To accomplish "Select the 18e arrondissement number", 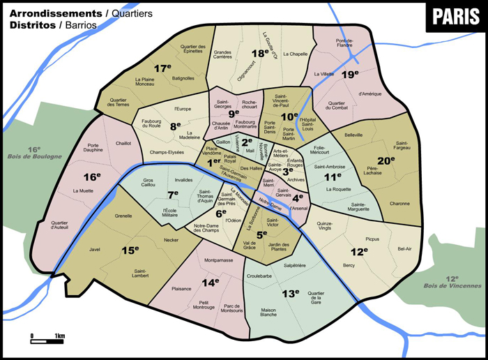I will click(261, 52).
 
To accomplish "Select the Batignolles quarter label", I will click(183, 78).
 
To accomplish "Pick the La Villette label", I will click(326, 74).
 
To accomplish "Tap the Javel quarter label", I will click(96, 249).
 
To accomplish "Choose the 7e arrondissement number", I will click(174, 193).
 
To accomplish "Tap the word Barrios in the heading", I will click(78, 25).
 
